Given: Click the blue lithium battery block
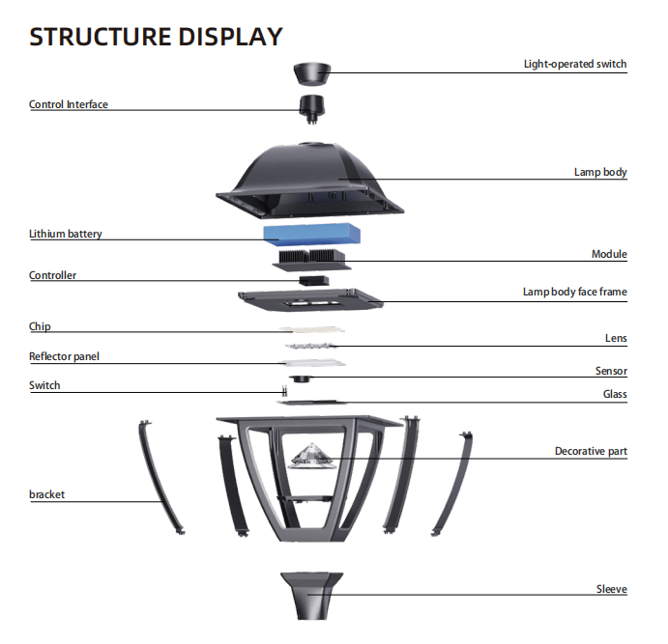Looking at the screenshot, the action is (x=312, y=234).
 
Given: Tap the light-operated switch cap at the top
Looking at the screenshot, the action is (x=312, y=74).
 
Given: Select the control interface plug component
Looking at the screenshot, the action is (x=312, y=108).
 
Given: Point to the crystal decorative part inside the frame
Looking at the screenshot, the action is (x=312, y=456).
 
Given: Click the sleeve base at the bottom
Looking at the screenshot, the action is (x=312, y=596).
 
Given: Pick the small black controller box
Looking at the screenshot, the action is (x=314, y=280).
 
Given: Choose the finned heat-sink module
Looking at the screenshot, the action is (x=312, y=260).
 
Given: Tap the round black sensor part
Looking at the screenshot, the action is (x=301, y=378).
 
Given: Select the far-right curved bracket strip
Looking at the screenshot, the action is (x=453, y=483).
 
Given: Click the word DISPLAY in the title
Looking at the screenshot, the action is (x=230, y=37).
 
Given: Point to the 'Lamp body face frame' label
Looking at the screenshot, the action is (x=574, y=292).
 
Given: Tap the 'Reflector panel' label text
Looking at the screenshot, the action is (x=64, y=356).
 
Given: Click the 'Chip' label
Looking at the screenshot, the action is (x=40, y=326).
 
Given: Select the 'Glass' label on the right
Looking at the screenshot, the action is (x=615, y=394).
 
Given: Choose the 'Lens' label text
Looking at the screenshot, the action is (x=616, y=338).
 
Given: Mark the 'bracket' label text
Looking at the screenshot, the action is (x=46, y=494).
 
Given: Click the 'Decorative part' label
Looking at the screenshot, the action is (x=591, y=451).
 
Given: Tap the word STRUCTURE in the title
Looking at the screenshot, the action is (x=101, y=37).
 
